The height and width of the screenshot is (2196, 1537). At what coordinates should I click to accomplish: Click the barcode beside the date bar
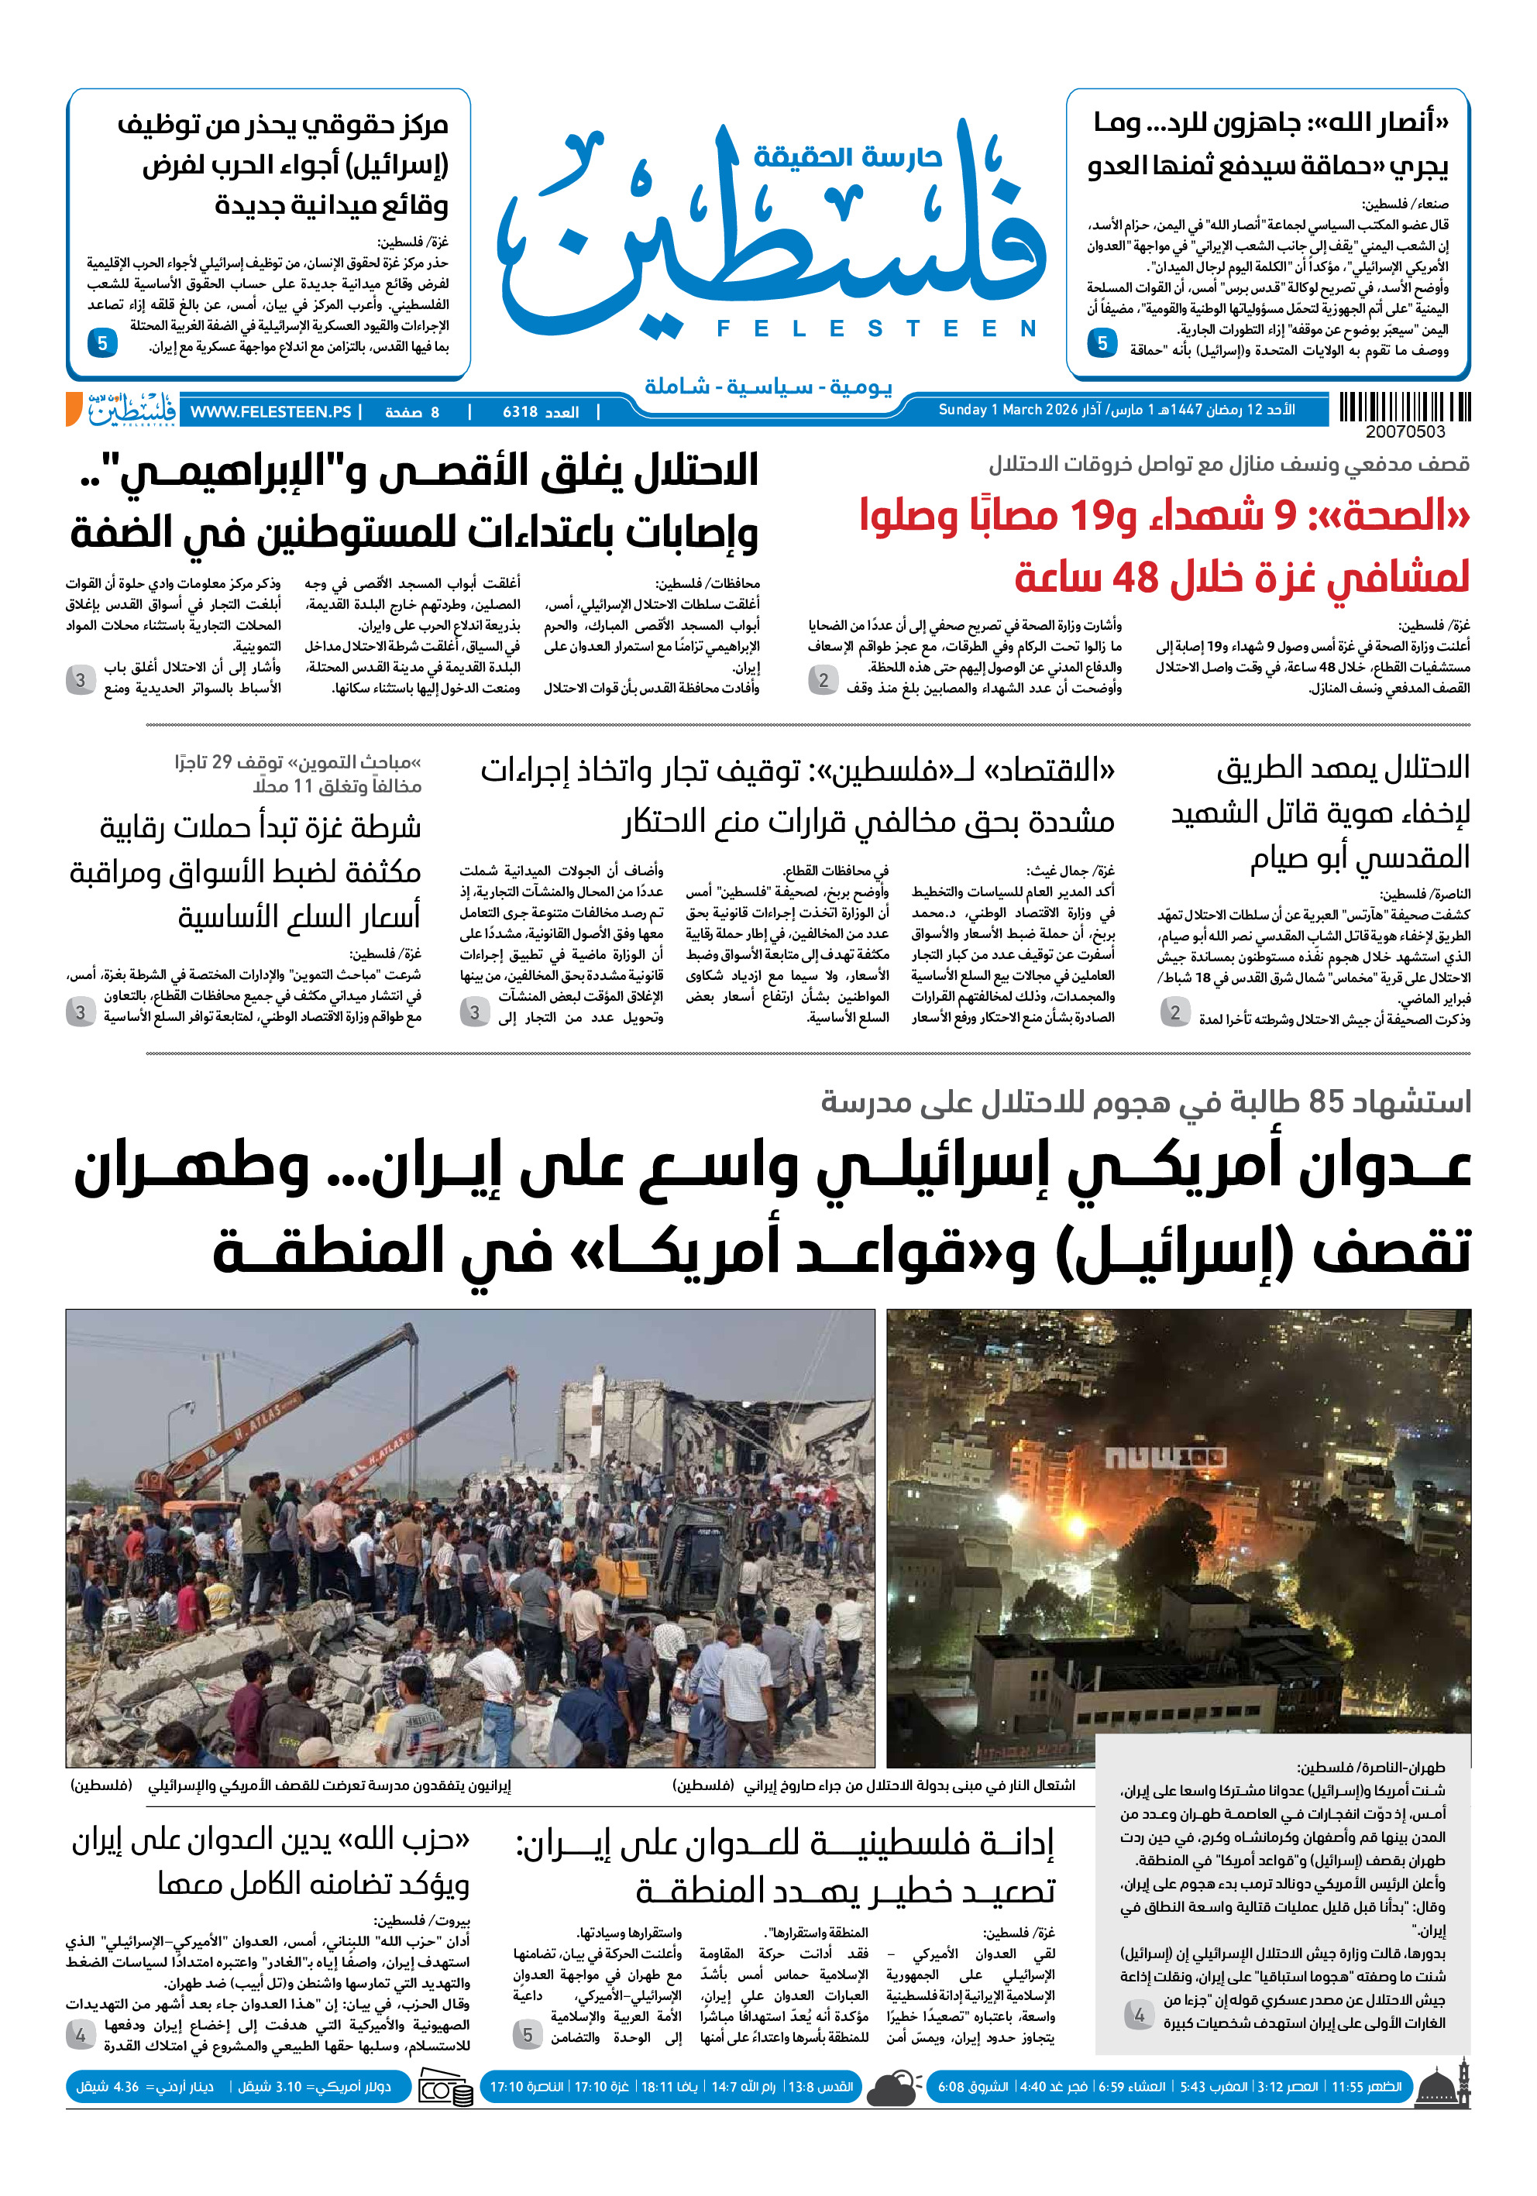[1404, 407]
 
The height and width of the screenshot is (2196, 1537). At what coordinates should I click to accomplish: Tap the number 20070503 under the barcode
[1405, 432]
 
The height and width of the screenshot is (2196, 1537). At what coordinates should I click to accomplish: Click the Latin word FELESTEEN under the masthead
[876, 329]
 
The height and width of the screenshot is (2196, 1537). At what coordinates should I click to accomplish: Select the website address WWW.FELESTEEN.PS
[270, 412]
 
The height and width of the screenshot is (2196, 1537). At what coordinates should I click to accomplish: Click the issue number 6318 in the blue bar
[521, 412]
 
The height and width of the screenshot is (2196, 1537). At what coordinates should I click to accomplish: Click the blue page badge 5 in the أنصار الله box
[1102, 343]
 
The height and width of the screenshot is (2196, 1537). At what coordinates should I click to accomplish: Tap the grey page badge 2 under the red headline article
[823, 681]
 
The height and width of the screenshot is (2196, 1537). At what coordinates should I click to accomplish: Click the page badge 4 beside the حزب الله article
[81, 2036]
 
